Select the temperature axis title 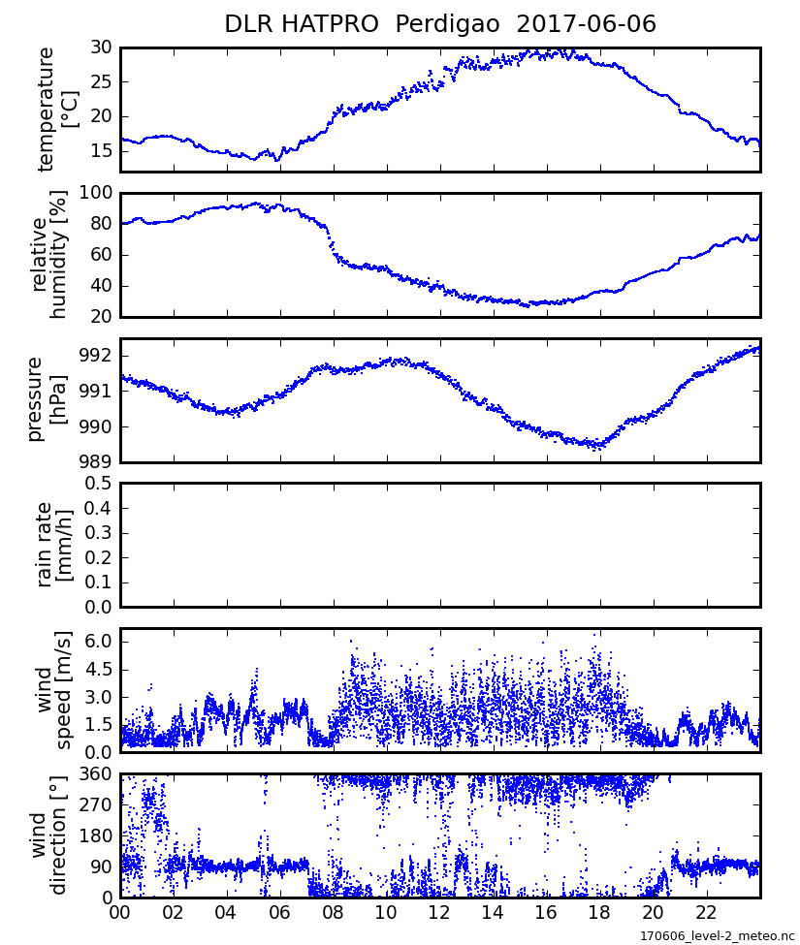coord(56,110)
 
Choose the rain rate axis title coord(55,545)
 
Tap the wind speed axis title coord(55,689)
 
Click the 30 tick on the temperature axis coord(101,47)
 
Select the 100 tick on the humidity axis coord(97,193)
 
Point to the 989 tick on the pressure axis coord(97,462)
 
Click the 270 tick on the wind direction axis coord(97,804)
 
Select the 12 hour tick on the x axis coord(439,913)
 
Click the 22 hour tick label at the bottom coord(706,913)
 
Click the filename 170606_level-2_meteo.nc coord(716,935)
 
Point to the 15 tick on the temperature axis coord(101,151)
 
